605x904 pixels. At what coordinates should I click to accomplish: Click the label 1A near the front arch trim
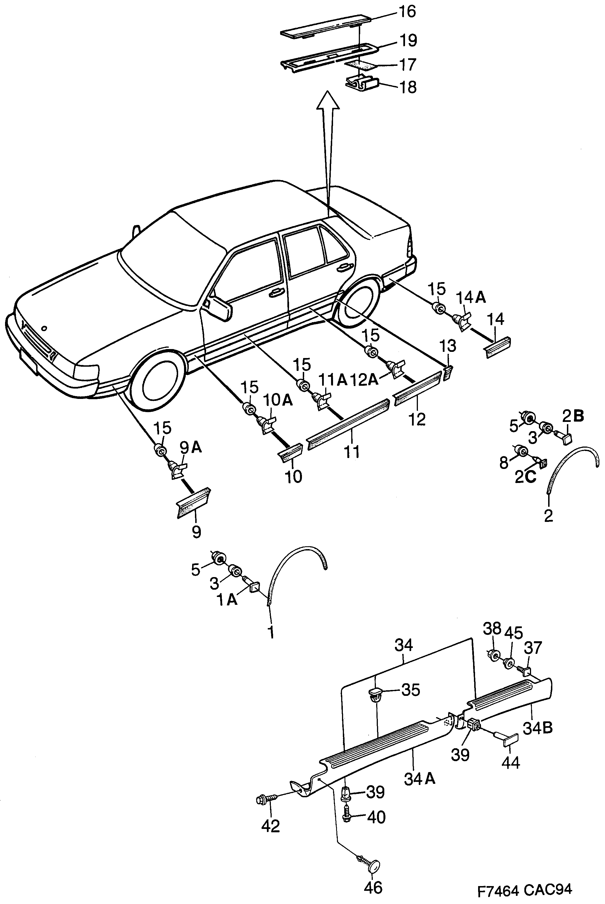(x=227, y=600)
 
